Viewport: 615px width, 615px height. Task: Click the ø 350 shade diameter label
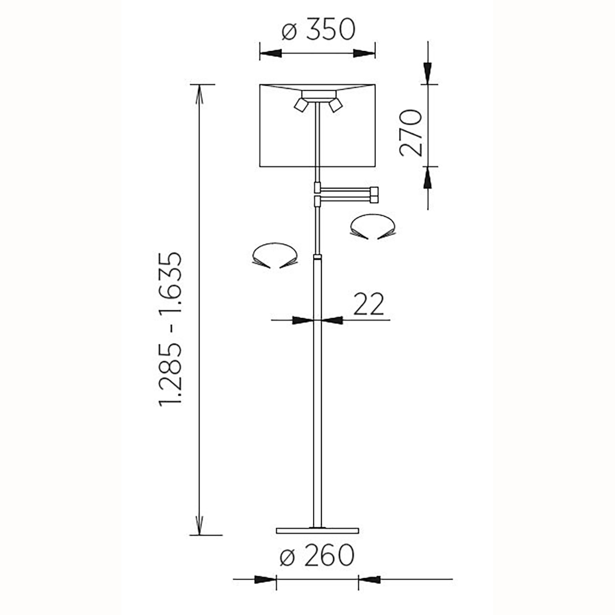(318, 30)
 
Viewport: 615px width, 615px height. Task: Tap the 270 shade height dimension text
(411, 133)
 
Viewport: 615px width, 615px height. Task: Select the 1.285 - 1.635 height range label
(171, 329)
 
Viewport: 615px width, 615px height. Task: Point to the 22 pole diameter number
(368, 303)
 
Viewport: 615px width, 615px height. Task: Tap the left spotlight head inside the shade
(301, 105)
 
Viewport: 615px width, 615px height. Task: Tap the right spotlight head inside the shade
(335, 105)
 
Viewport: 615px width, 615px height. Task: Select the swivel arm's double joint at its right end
(374, 195)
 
